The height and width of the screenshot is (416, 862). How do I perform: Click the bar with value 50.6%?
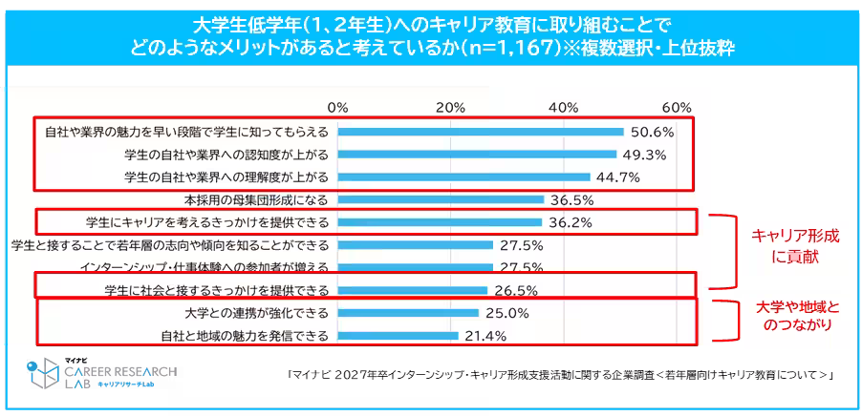click(x=480, y=131)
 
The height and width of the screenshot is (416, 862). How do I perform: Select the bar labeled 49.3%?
click(x=476, y=154)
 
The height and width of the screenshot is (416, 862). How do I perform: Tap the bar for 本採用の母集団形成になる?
click(x=441, y=199)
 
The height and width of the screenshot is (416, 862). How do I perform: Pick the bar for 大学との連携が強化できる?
click(x=408, y=312)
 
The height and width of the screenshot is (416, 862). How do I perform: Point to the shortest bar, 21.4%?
click(x=398, y=335)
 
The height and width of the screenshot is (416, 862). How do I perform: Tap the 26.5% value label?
click(x=514, y=290)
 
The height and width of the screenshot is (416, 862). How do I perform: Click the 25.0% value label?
click(x=506, y=312)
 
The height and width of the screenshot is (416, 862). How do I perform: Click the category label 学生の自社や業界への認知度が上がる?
click(x=226, y=154)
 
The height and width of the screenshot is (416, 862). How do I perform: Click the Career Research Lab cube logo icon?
click(x=41, y=373)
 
